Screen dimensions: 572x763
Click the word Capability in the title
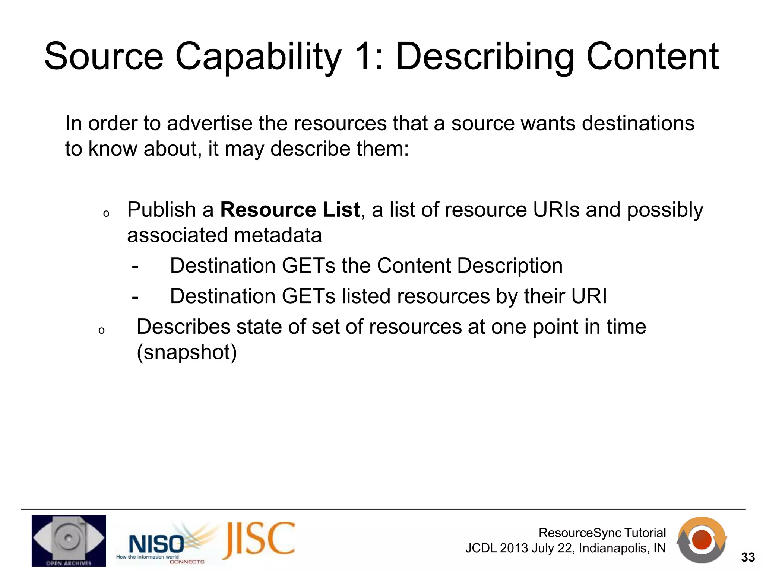258,57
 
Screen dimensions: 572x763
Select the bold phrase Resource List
290,210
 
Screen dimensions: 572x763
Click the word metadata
278,235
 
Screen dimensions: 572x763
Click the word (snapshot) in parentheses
187,352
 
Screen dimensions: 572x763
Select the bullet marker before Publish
106,214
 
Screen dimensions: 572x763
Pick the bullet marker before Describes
101,331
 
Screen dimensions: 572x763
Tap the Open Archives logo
69,540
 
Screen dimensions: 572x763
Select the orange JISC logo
259,540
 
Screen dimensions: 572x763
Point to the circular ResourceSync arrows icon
701,540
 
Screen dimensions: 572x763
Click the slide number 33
748,557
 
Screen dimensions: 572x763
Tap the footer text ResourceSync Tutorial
602,533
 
